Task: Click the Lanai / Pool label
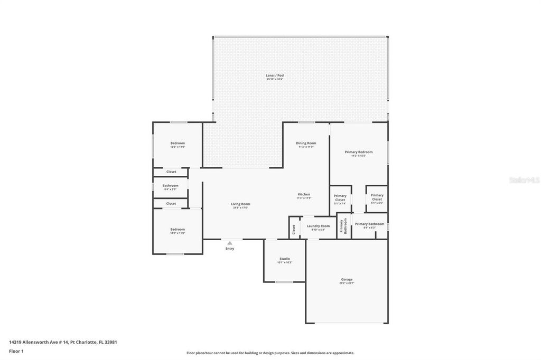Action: (275, 75)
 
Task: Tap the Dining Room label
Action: (306, 143)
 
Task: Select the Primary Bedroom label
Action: (359, 152)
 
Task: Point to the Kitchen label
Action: (304, 194)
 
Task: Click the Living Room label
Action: (240, 204)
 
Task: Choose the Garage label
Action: (347, 279)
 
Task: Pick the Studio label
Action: (285, 259)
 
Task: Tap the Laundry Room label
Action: (318, 226)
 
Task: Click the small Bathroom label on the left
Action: (170, 185)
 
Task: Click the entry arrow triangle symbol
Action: (229, 243)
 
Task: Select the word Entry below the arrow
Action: (230, 249)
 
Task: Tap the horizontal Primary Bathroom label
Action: (369, 224)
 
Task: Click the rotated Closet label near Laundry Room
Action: (294, 230)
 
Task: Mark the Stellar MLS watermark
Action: (524, 180)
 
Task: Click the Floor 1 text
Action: (16, 350)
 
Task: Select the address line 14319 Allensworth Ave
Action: (63, 342)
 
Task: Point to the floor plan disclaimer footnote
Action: (270, 353)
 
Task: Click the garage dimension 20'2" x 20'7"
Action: (347, 283)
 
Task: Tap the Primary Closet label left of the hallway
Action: (340, 197)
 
